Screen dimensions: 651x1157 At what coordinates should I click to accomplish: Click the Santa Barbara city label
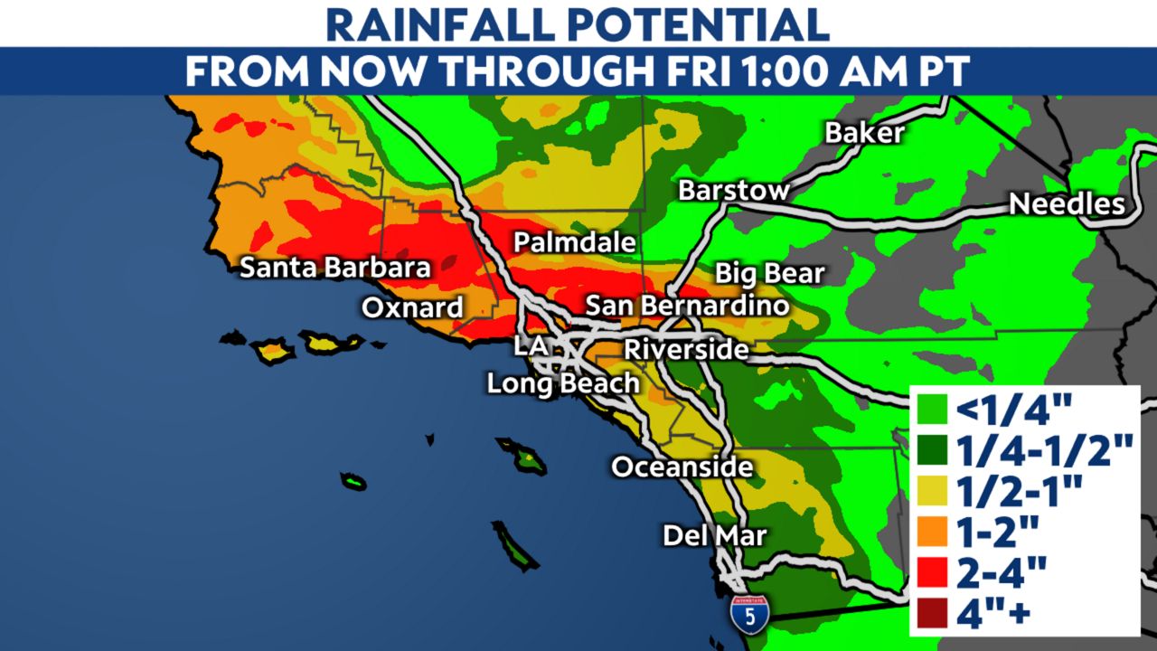click(334, 268)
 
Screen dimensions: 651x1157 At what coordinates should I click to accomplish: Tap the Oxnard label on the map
click(412, 307)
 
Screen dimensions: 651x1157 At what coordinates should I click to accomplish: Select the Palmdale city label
click(575, 242)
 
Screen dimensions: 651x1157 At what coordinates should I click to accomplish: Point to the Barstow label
click(734, 191)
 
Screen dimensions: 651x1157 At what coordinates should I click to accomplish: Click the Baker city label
click(864, 133)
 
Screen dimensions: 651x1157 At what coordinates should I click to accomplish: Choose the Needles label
click(1067, 204)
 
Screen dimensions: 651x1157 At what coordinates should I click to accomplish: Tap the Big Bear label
click(769, 273)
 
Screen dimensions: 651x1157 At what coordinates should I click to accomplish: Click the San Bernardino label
click(687, 306)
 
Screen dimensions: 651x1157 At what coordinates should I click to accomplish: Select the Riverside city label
click(687, 348)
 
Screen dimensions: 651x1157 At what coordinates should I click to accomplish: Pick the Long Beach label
click(563, 383)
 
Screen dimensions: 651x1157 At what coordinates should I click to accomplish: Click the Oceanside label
click(682, 467)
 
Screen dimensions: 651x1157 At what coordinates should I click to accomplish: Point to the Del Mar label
click(714, 535)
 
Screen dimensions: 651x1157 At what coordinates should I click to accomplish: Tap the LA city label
click(531, 344)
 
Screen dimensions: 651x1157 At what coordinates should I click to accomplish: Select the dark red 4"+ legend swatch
click(931, 615)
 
